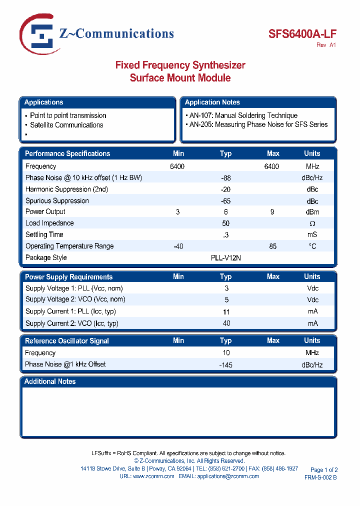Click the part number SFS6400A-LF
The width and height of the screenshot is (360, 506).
[302, 34]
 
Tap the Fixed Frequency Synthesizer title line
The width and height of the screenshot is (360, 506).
[180, 65]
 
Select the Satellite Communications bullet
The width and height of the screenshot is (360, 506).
[66, 125]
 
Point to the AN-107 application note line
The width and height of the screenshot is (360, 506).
[243, 115]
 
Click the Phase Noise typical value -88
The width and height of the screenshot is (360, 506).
[225, 178]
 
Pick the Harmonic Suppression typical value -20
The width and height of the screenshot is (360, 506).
[225, 189]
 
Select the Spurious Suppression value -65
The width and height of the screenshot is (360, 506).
[225, 201]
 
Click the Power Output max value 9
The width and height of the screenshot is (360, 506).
[272, 212]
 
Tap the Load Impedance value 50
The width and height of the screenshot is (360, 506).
[225, 223]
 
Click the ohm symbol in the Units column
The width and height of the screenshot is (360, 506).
[312, 223]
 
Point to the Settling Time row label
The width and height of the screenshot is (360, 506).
[44, 234]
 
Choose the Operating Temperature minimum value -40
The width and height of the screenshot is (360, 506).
[178, 246]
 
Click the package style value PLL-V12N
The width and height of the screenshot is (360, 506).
[225, 257]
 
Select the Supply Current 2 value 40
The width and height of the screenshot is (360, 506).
[226, 323]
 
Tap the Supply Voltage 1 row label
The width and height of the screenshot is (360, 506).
[74, 288]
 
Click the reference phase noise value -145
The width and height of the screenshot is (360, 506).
[226, 365]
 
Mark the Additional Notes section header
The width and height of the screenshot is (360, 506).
[50, 381]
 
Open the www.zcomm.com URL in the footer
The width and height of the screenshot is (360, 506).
[153, 476]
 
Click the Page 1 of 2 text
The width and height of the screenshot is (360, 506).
[324, 470]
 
